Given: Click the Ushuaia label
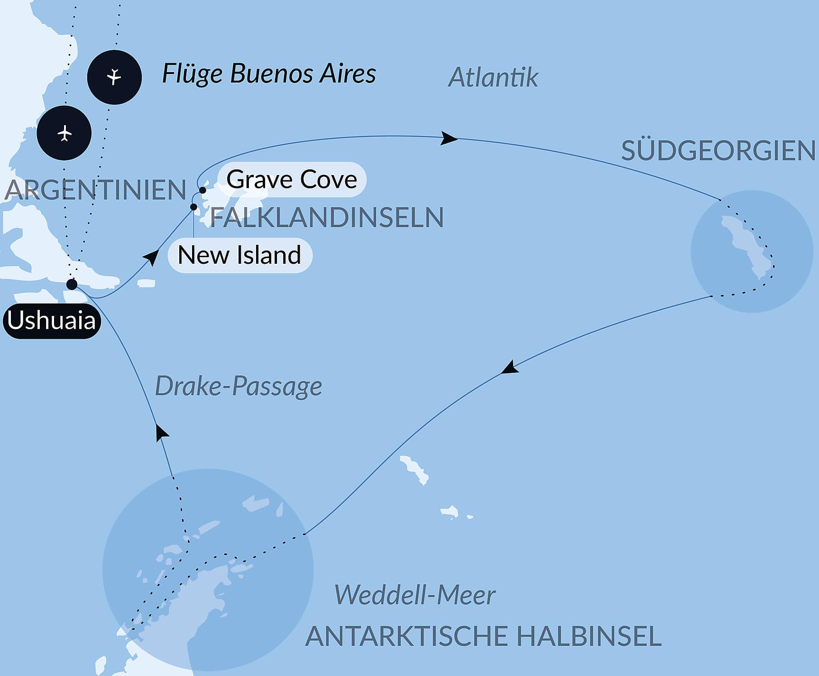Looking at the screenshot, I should click(52, 321).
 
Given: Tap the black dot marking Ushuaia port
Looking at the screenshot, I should click(72, 285).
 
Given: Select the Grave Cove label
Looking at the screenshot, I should click(291, 180).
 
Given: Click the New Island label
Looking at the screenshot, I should click(239, 255).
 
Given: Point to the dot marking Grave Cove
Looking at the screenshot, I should click(202, 191).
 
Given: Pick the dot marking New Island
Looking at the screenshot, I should click(193, 207).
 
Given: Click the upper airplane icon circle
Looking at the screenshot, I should click(114, 77).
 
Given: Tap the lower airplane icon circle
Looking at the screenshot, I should click(64, 133).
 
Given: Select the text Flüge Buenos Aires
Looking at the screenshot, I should click(269, 74).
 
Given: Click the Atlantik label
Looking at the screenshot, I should click(493, 77).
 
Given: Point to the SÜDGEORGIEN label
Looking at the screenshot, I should click(718, 151).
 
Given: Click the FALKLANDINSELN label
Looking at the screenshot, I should click(327, 217).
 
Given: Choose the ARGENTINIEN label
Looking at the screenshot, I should click(95, 190).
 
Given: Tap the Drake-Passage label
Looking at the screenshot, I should click(239, 386).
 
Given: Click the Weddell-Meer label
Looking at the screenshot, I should click(415, 595).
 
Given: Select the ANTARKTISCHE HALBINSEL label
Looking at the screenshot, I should click(483, 637).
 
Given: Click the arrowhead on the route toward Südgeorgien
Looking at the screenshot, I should click(449, 139).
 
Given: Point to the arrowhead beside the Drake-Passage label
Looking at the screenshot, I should click(162, 433).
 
